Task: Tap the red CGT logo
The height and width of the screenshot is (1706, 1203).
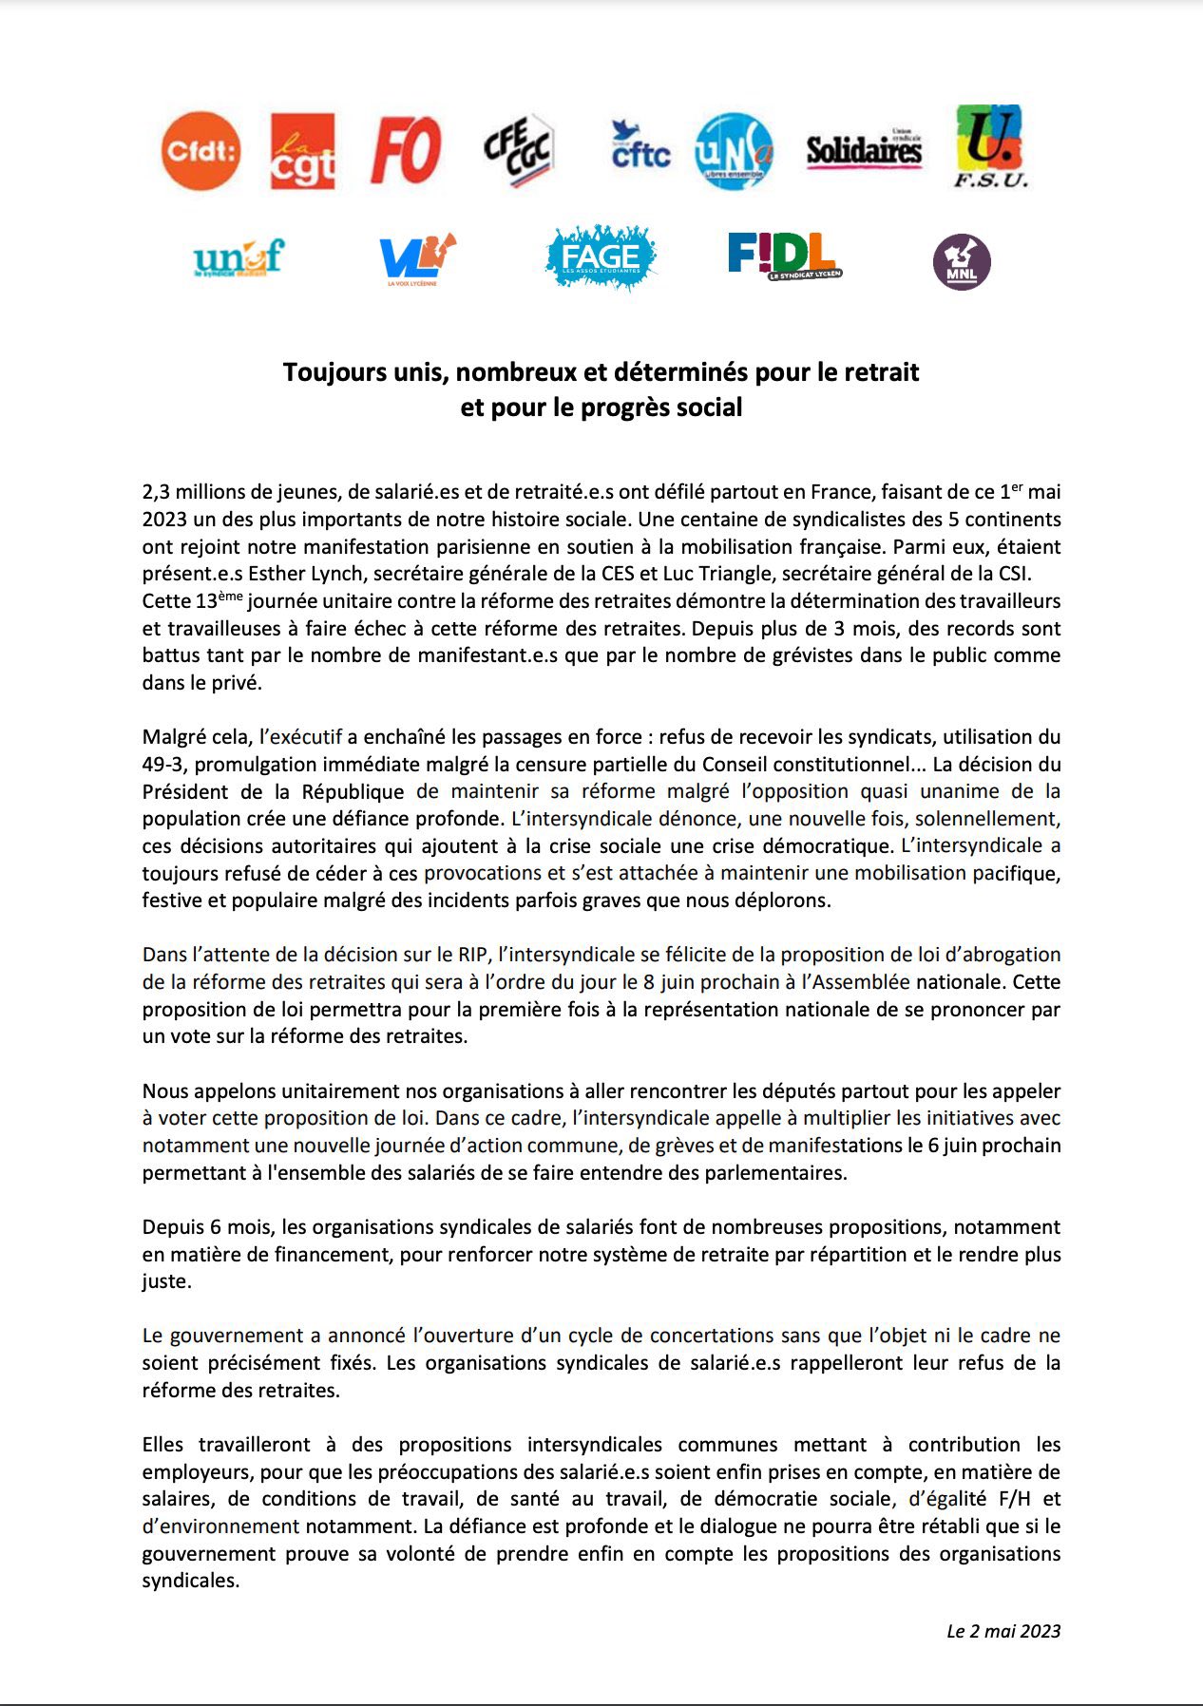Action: (x=303, y=151)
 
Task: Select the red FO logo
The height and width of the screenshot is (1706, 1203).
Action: (x=406, y=150)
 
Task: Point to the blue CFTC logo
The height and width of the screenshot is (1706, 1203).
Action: (x=640, y=146)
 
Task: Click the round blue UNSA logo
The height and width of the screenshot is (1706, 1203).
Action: (x=734, y=150)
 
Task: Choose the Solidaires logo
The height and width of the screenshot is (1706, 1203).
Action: (x=864, y=149)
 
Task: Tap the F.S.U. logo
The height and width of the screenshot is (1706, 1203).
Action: (x=990, y=146)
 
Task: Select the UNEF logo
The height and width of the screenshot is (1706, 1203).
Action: (x=239, y=257)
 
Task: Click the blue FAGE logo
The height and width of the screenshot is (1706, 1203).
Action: (x=601, y=257)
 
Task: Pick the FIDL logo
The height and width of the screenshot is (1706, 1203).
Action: (x=783, y=256)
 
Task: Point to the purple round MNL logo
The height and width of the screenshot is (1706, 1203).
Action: (x=962, y=262)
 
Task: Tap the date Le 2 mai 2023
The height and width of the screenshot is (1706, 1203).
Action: (x=1002, y=1631)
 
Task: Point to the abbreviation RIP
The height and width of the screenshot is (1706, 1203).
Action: (x=471, y=955)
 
